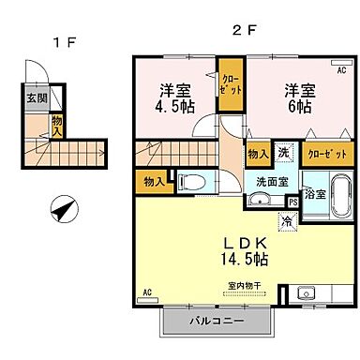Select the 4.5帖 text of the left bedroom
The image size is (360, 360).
[176, 106]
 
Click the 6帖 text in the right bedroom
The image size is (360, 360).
[298, 106]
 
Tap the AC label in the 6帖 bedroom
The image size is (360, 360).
[339, 70]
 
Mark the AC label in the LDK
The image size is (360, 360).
[146, 293]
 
